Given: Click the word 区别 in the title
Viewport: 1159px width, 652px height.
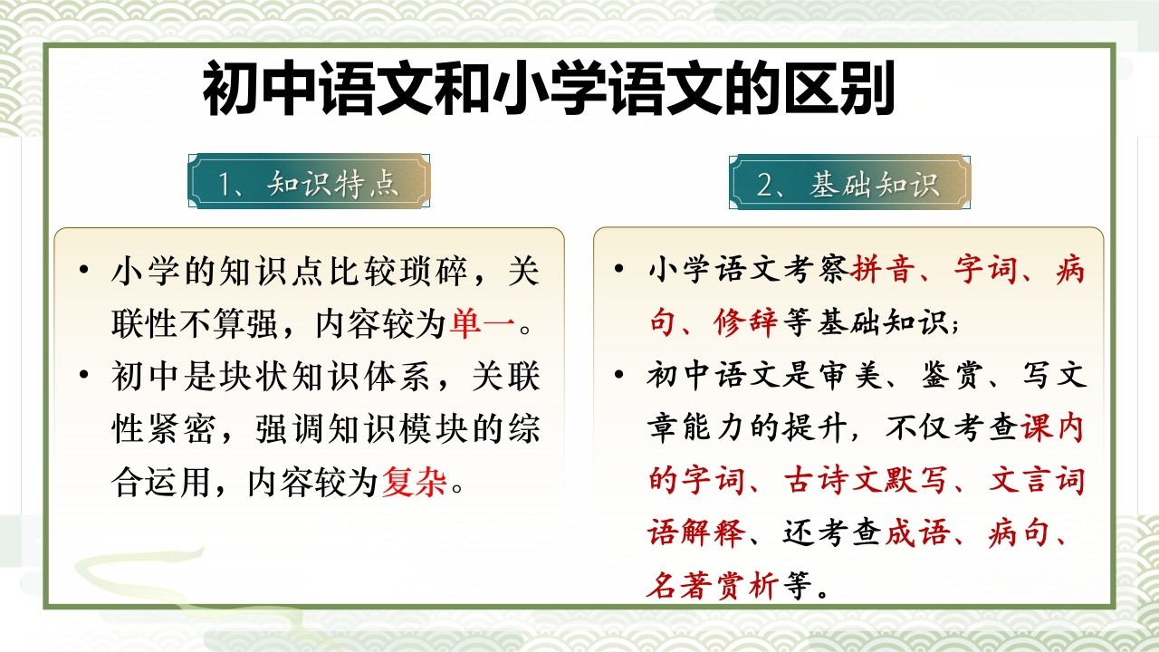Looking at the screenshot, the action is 839,88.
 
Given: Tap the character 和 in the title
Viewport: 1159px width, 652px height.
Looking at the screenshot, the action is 462,88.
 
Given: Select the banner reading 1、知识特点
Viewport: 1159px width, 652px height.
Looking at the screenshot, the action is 309,181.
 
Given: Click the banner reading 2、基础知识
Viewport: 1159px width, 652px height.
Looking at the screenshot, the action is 849,182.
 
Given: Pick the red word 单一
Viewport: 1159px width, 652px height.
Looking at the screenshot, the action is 483,324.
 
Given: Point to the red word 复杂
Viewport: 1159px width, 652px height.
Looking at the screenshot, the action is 414,483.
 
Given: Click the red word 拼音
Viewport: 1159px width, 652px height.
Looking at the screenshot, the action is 882,270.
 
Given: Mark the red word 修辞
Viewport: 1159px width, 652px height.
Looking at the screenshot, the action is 745,323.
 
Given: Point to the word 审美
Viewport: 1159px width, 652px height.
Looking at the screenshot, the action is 850,375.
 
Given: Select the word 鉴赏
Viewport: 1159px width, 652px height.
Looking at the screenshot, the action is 952,375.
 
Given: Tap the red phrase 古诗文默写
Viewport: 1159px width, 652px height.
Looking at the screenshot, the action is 866,480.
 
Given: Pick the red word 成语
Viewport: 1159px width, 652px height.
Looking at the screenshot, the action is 918,533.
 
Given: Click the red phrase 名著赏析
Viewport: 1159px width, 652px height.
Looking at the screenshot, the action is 713,586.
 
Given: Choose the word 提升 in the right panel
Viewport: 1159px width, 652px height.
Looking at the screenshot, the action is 816,428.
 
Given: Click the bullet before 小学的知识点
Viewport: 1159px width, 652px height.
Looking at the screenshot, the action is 84,270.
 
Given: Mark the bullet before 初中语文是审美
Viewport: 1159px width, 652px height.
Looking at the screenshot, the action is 618,374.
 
